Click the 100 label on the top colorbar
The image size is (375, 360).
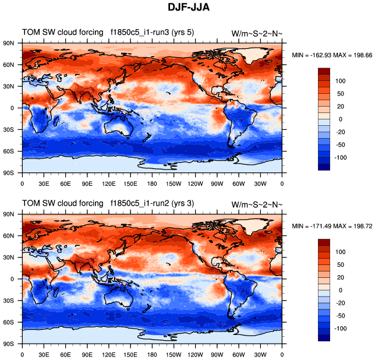click(x=341, y=80)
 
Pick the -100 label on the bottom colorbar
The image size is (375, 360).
click(x=343, y=329)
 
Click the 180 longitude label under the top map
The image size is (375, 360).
click(x=152, y=183)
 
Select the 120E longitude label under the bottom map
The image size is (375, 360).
click(x=108, y=354)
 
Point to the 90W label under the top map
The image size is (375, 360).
click(x=217, y=183)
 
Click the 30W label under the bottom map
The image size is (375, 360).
click(x=260, y=354)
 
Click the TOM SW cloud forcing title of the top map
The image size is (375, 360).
click(x=61, y=31)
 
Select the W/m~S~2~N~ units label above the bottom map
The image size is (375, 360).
click(x=257, y=204)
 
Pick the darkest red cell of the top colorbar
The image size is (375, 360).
click(x=324, y=70)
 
